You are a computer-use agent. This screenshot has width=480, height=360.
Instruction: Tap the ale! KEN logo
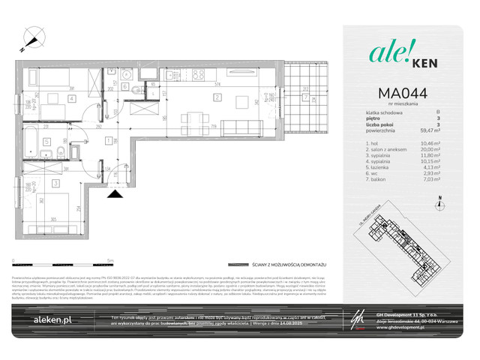(397, 54)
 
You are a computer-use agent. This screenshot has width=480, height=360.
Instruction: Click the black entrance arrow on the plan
(115, 193)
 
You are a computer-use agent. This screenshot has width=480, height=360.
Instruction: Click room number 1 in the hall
(109, 140)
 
